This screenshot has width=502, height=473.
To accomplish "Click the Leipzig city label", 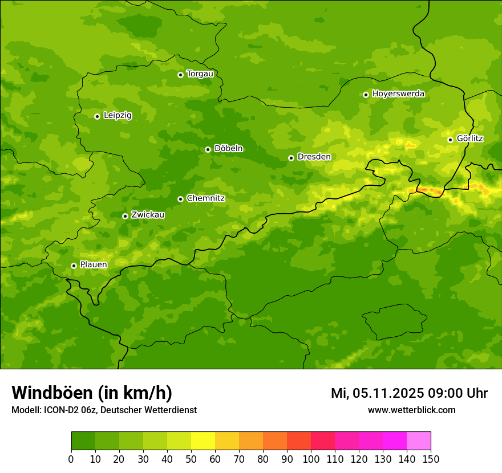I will click(x=118, y=116).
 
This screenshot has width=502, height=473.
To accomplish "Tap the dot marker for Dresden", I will click(x=291, y=158).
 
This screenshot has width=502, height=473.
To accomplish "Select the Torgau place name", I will click(x=200, y=74).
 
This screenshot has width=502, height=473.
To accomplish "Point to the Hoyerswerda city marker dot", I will click(x=366, y=95).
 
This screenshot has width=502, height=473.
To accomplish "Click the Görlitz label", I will click(x=470, y=138).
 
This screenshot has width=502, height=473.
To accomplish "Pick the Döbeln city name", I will click(x=228, y=149).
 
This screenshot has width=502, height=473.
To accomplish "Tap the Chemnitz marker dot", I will click(x=180, y=199).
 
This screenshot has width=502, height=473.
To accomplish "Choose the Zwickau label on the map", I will click(x=148, y=215).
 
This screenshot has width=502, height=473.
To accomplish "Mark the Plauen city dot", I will click(x=74, y=266).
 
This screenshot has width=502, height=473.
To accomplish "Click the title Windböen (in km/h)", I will click(x=92, y=393).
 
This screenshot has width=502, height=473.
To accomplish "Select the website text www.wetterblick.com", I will click(x=411, y=410).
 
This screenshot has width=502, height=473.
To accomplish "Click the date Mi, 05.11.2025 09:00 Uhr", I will click(x=409, y=393).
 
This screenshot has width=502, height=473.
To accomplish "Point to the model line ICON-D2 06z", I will click(x=104, y=410).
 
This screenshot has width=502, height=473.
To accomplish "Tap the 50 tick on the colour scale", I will click(x=191, y=459).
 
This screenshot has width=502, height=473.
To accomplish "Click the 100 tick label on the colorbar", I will click(x=311, y=459).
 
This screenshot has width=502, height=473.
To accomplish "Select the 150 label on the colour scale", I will click(x=431, y=459).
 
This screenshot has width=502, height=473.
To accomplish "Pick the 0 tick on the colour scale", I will click(x=71, y=459).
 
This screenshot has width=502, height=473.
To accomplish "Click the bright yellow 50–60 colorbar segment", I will click(x=203, y=441).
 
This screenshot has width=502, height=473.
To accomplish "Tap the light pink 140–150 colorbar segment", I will click(x=419, y=441).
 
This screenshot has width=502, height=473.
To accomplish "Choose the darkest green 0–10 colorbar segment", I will click(x=83, y=441).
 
